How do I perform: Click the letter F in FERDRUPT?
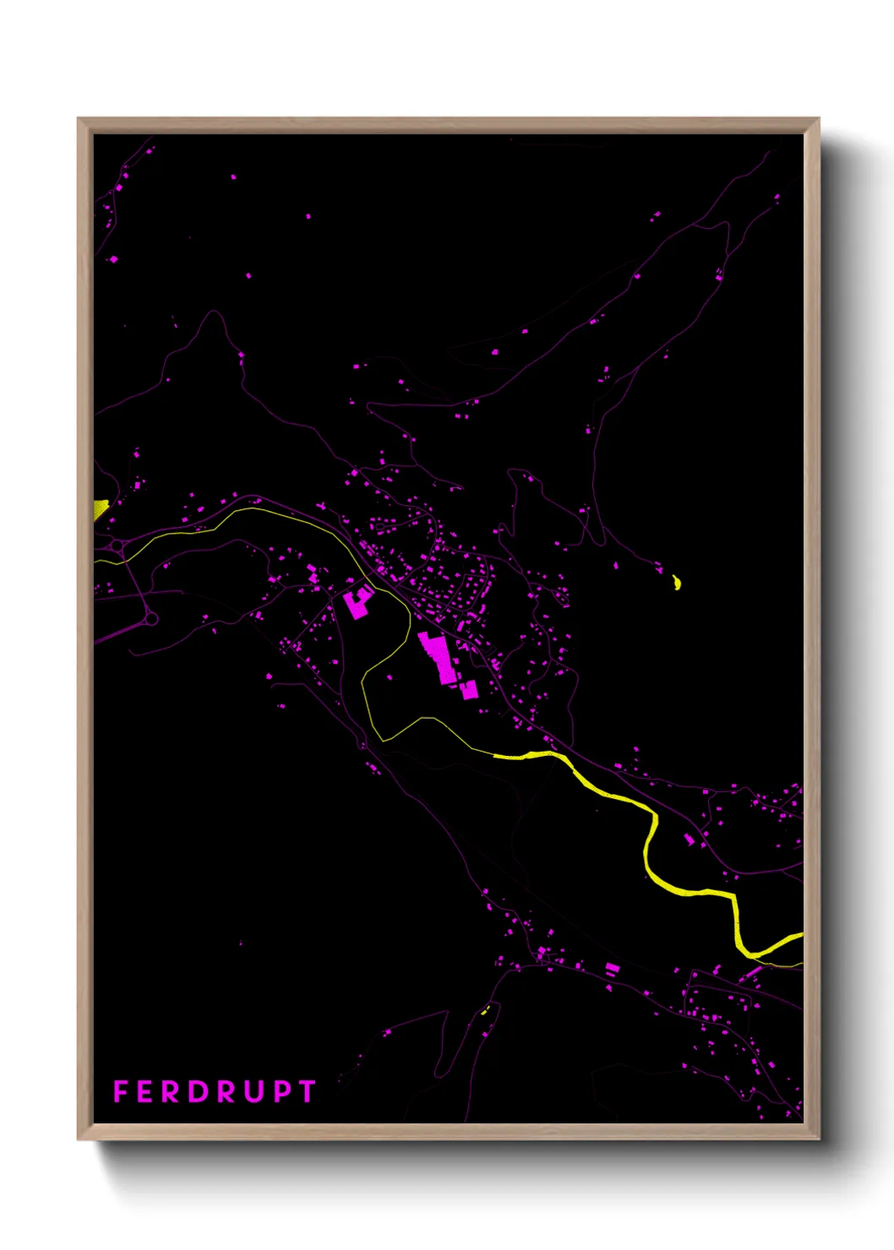coord(120,1091)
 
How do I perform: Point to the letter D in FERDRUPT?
coord(199,1091)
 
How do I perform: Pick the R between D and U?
coord(227,1091)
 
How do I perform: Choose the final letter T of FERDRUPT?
coord(307,1091)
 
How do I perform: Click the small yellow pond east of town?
coord(676,582)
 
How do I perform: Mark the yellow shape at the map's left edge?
coord(100,508)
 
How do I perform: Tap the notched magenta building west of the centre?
coord(358,602)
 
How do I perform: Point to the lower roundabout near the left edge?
coord(151,619)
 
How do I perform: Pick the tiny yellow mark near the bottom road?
coord(485,1009)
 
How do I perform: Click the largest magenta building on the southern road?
coord(612,968)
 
